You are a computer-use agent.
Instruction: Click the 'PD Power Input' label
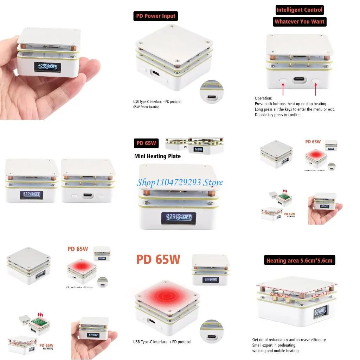(x=156, y=16)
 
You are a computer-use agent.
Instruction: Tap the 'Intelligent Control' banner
(x=299, y=10)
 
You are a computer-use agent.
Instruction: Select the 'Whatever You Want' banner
(x=300, y=21)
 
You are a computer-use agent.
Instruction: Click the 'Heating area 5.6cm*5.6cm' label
(x=299, y=261)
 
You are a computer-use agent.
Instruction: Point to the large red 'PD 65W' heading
(x=158, y=259)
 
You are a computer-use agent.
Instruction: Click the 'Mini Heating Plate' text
(x=157, y=156)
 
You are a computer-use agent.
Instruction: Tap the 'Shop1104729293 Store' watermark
(x=180, y=182)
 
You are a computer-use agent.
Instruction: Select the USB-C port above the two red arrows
(x=299, y=80)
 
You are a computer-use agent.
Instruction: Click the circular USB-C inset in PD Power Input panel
(x=212, y=92)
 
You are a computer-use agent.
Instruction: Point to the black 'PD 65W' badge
(x=146, y=143)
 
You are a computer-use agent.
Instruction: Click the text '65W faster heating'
(x=146, y=107)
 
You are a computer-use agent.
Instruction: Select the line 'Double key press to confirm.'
(x=278, y=115)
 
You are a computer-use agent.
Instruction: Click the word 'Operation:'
(x=263, y=98)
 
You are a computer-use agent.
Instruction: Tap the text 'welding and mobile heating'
(x=275, y=351)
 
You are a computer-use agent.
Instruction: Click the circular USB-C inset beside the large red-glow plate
(x=212, y=331)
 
